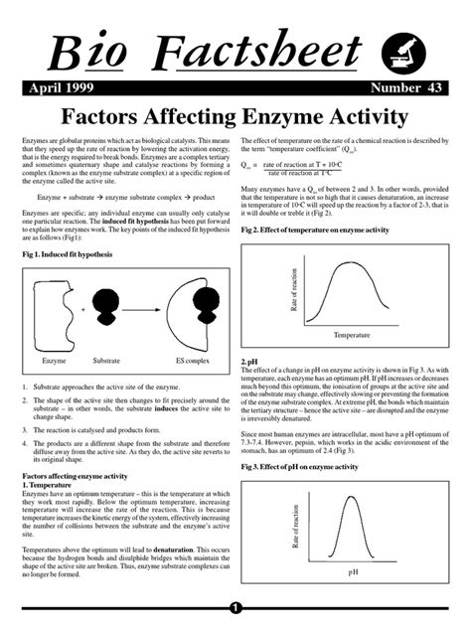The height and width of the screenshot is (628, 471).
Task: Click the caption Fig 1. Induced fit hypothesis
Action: pos(68,255)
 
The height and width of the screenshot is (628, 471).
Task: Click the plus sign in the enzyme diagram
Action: pos(84,310)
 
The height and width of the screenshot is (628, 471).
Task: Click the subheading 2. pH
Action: pos(249,362)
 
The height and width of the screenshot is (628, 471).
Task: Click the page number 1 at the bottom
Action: pos(235,607)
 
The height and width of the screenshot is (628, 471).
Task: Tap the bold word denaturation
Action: pos(181,549)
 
